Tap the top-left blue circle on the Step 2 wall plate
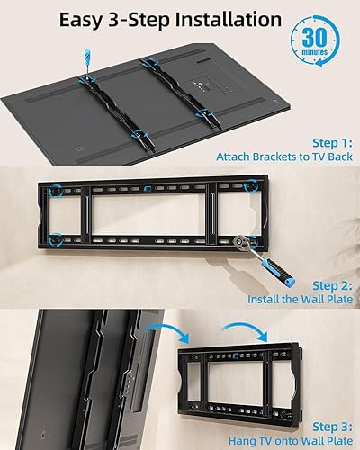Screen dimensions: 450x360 click(x=55, y=192)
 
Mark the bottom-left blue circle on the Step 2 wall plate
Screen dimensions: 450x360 click(x=56, y=240)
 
